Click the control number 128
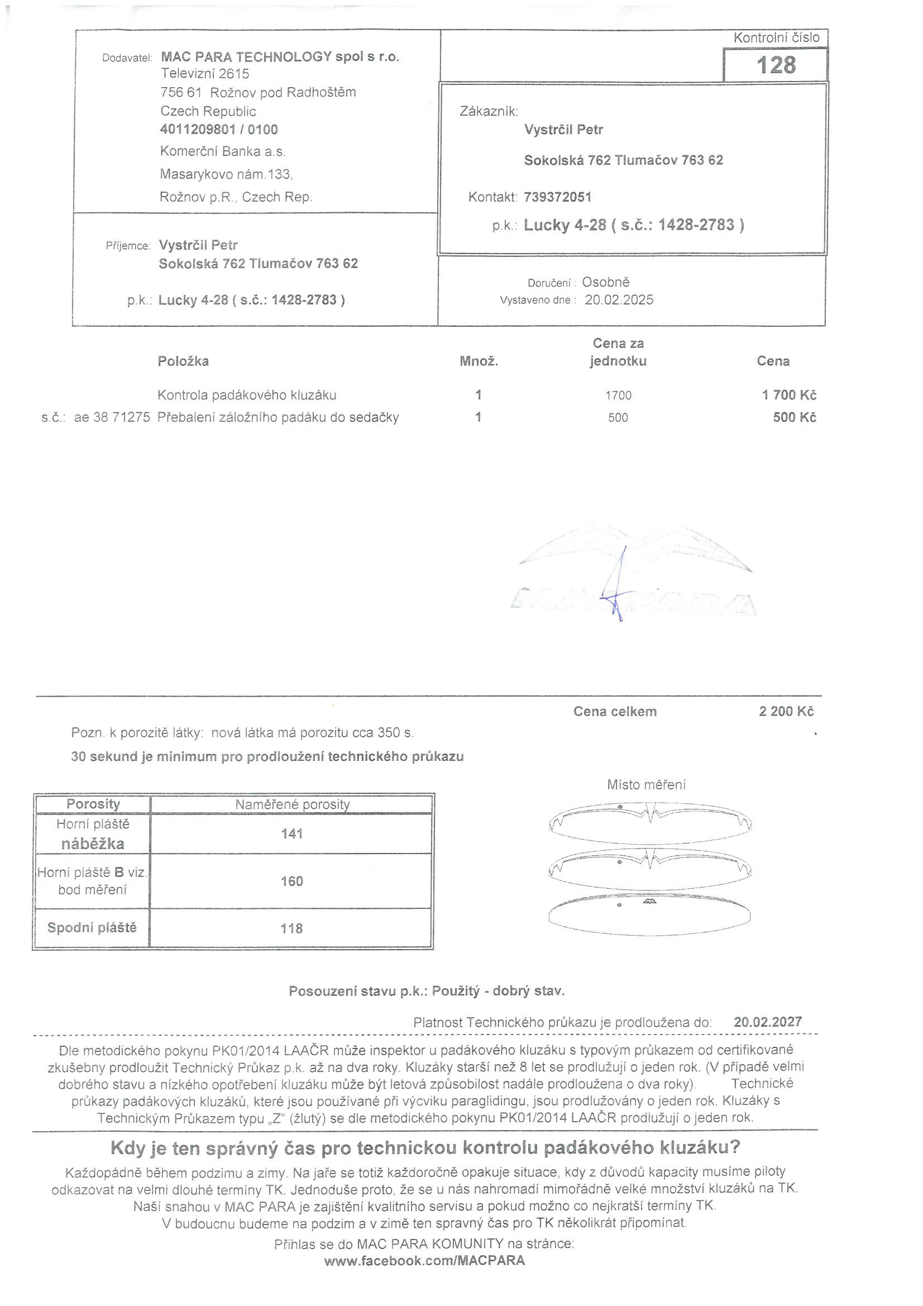pos(776,65)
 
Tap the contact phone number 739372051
pos(557,197)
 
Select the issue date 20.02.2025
pos(619,300)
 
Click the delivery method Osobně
pos(606,282)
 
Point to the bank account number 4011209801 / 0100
pos(219,130)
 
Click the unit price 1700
pos(618,395)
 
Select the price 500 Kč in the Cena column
pos(794,417)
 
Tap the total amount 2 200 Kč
pos(786,712)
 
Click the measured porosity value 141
pos(291,834)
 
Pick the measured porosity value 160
pos(291,881)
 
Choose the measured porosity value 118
pos(291,928)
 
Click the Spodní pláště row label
pos(92,928)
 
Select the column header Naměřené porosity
pos(293,804)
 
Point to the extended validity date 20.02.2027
pos(768,1022)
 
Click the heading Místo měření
pos(646,785)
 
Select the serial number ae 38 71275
pos(112,417)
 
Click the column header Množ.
pos(479,361)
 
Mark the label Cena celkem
pos(615,712)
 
